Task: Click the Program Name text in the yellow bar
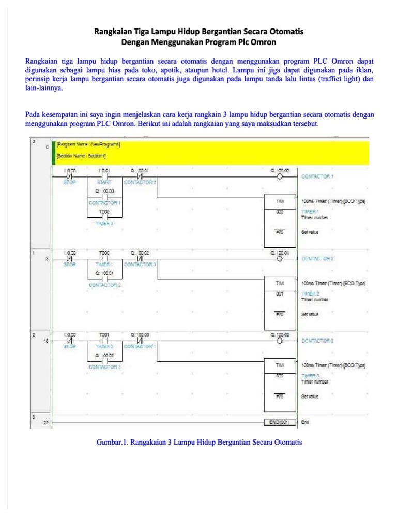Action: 91,145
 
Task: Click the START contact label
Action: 104,182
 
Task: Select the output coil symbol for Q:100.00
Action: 280,176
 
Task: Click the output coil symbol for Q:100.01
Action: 280,258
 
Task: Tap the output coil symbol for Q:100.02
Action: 280,342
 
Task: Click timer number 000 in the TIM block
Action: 280,212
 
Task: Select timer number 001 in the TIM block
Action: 280,294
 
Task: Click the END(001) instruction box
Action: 280,422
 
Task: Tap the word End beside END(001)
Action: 305,422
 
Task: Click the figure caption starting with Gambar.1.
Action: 198,443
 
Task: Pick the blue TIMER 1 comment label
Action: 309,212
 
